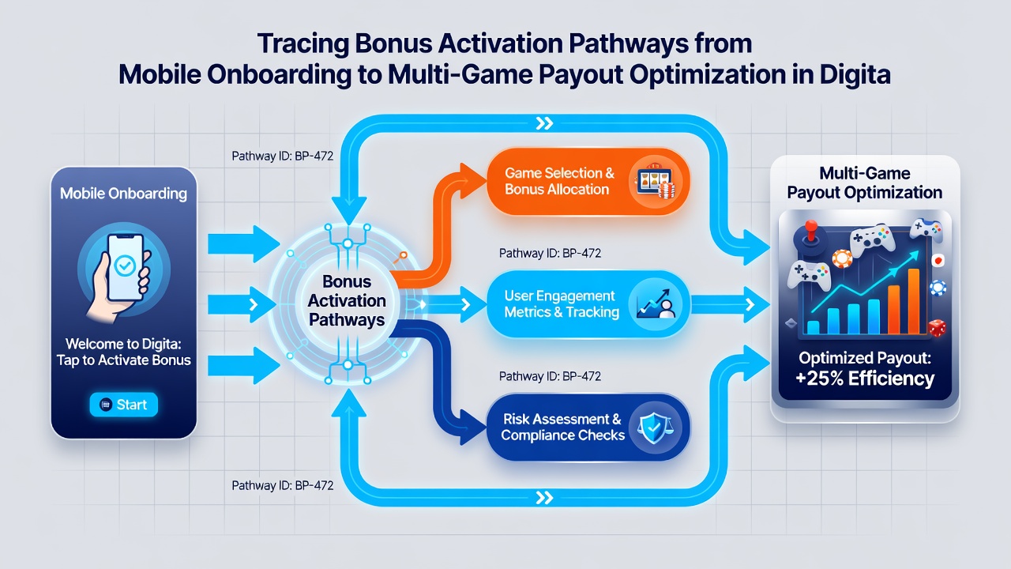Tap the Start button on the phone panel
(x=124, y=404)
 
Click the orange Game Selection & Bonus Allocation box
(x=588, y=181)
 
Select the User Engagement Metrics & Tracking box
(x=588, y=304)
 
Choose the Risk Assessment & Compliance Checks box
(x=588, y=428)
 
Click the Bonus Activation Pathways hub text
(x=347, y=301)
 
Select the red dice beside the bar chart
(x=937, y=328)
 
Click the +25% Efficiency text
(x=864, y=379)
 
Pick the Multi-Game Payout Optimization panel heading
(x=864, y=183)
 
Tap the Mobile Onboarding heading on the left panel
(x=124, y=194)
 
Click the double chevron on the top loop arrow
(x=544, y=123)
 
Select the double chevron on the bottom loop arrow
(x=544, y=498)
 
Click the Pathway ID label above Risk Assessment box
(x=550, y=376)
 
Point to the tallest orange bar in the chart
(x=914, y=301)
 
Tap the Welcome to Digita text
(x=124, y=344)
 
